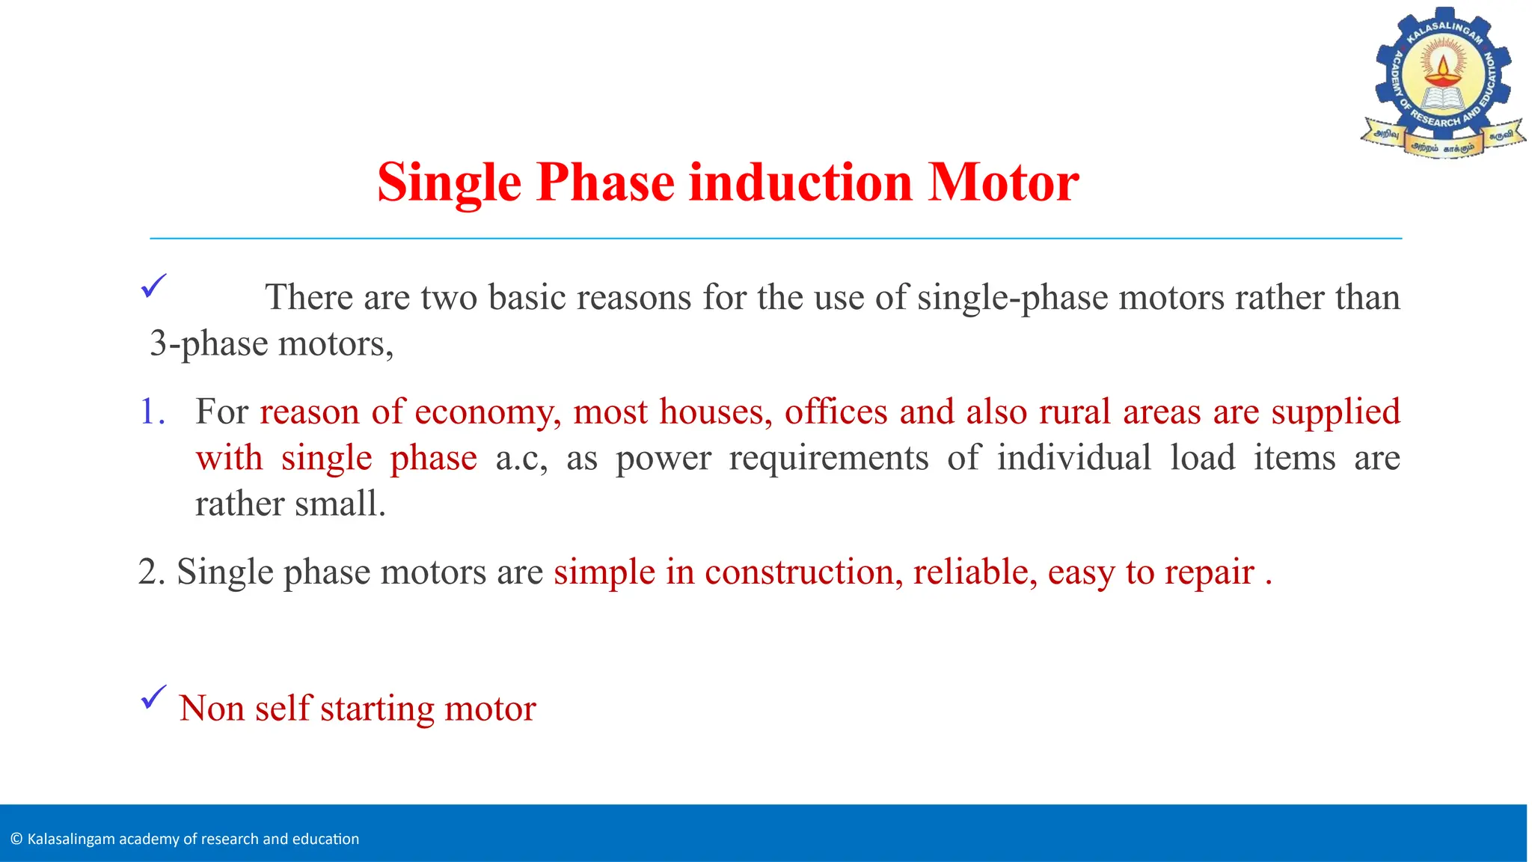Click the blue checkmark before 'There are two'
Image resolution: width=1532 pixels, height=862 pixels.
[153, 286]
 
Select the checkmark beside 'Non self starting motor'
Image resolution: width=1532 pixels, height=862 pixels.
[153, 697]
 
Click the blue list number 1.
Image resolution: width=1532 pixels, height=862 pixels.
[152, 412]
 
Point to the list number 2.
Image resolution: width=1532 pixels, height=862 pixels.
[151, 572]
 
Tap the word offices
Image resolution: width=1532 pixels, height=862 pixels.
[836, 412]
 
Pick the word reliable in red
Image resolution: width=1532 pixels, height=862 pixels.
[975, 572]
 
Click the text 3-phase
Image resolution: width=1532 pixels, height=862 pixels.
[209, 344]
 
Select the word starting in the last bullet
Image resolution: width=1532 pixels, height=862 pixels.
[377, 709]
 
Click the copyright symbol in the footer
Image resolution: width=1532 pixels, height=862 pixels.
[16, 839]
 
